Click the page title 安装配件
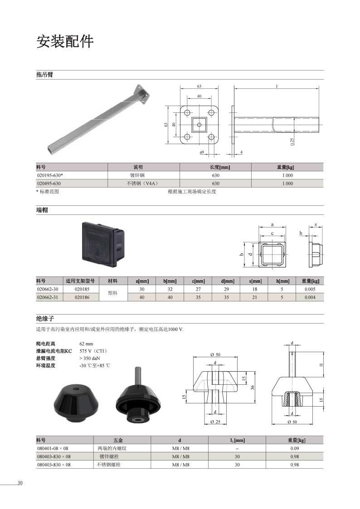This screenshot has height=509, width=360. click(x=65, y=41)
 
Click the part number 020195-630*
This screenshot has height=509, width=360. click(x=50, y=175)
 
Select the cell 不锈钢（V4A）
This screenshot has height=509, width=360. click(x=143, y=184)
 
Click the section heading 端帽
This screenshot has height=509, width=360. click(x=42, y=210)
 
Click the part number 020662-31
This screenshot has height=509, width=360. click(x=48, y=297)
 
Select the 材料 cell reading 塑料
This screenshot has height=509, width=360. click(x=112, y=293)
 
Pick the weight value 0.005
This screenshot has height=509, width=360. click(x=310, y=289)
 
